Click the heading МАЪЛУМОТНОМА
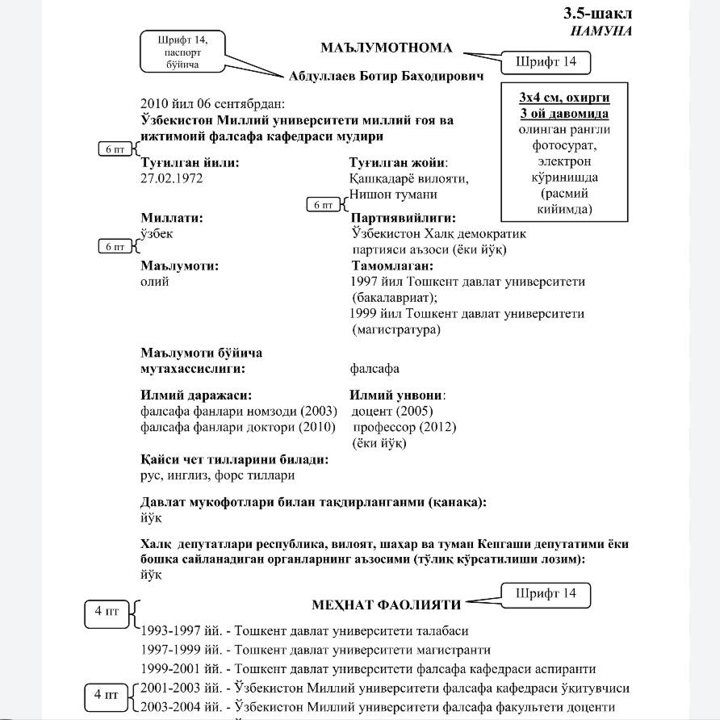[386, 48]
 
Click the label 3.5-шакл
[597, 14]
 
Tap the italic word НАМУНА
[601, 31]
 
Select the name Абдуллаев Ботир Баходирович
[386, 77]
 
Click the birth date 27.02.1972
[171, 178]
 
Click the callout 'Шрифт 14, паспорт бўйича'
[182, 51]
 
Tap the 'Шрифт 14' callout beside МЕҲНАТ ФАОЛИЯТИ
[546, 594]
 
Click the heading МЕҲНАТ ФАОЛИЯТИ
[387, 605]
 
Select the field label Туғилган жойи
[399, 162]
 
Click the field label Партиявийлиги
[404, 218]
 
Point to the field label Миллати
[171, 218]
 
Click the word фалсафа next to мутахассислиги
[375, 369]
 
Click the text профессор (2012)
[404, 427]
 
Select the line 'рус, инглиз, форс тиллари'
[217, 475]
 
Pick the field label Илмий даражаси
[196, 396]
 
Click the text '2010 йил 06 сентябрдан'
[212, 104]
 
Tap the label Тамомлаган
[392, 266]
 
